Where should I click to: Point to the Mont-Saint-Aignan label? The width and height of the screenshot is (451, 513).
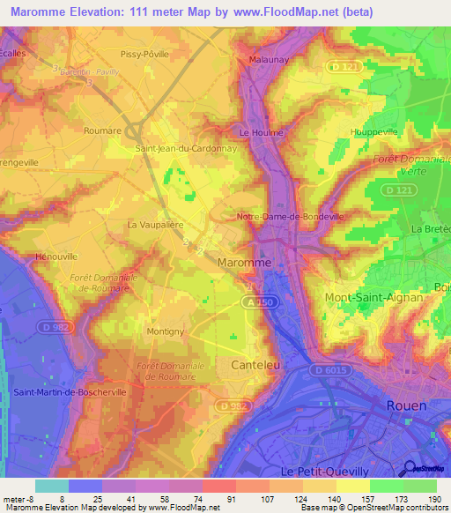374,298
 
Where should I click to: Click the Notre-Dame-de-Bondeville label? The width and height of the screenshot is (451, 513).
290,216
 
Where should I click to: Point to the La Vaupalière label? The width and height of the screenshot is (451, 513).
155,224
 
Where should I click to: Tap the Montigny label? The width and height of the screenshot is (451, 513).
166,331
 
